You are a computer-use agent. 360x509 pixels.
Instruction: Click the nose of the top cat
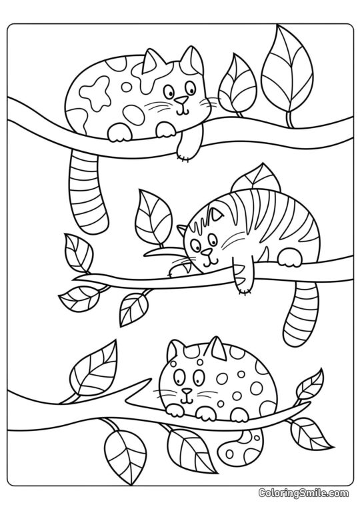coord(181,101)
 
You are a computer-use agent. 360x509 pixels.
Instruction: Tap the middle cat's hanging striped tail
coord(299,310)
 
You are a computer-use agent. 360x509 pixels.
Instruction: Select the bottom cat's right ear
coord(215,348)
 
